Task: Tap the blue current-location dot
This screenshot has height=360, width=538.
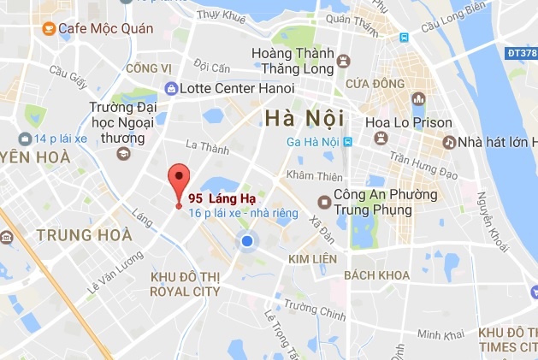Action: pyautogui.click(x=247, y=242)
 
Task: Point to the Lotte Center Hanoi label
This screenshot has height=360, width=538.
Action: pyautogui.click(x=239, y=87)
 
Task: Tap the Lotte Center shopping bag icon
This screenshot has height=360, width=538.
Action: pyautogui.click(x=172, y=87)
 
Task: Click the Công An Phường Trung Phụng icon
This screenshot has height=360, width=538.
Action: pyautogui.click(x=323, y=202)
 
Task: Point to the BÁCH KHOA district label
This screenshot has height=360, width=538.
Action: pyautogui.click(x=372, y=275)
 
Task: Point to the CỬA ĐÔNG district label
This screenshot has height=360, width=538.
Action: pyautogui.click(x=375, y=84)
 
